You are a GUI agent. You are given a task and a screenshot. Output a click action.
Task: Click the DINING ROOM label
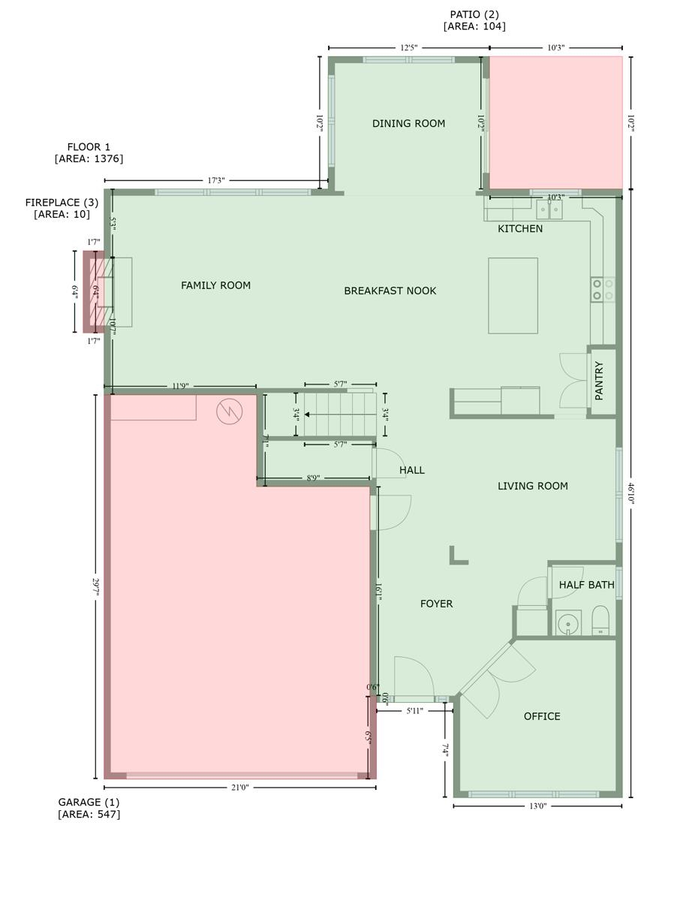(408, 124)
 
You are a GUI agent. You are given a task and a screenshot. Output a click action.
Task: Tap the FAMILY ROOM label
(216, 285)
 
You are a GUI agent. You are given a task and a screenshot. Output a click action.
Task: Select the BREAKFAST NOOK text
(390, 291)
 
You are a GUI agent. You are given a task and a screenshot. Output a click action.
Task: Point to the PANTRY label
(599, 381)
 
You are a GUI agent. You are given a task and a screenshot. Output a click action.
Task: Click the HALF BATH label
(586, 584)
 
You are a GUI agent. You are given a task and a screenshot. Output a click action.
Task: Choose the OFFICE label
(542, 716)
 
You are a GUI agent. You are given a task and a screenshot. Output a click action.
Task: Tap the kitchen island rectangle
(513, 296)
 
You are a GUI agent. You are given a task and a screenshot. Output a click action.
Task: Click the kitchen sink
(549, 210)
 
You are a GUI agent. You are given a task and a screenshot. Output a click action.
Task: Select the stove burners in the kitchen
(603, 290)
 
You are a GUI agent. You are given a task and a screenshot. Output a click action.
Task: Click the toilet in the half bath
(600, 620)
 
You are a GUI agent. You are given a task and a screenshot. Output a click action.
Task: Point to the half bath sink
(568, 622)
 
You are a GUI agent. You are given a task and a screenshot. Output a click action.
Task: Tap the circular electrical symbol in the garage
(230, 411)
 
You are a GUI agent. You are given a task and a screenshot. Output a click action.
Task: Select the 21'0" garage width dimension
(239, 788)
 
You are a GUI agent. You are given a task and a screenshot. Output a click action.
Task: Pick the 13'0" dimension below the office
(537, 806)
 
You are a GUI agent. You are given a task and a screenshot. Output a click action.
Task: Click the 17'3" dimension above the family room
(216, 180)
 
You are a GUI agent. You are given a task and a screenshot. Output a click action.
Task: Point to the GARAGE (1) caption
(89, 802)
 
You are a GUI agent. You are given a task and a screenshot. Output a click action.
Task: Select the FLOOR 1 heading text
(89, 147)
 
